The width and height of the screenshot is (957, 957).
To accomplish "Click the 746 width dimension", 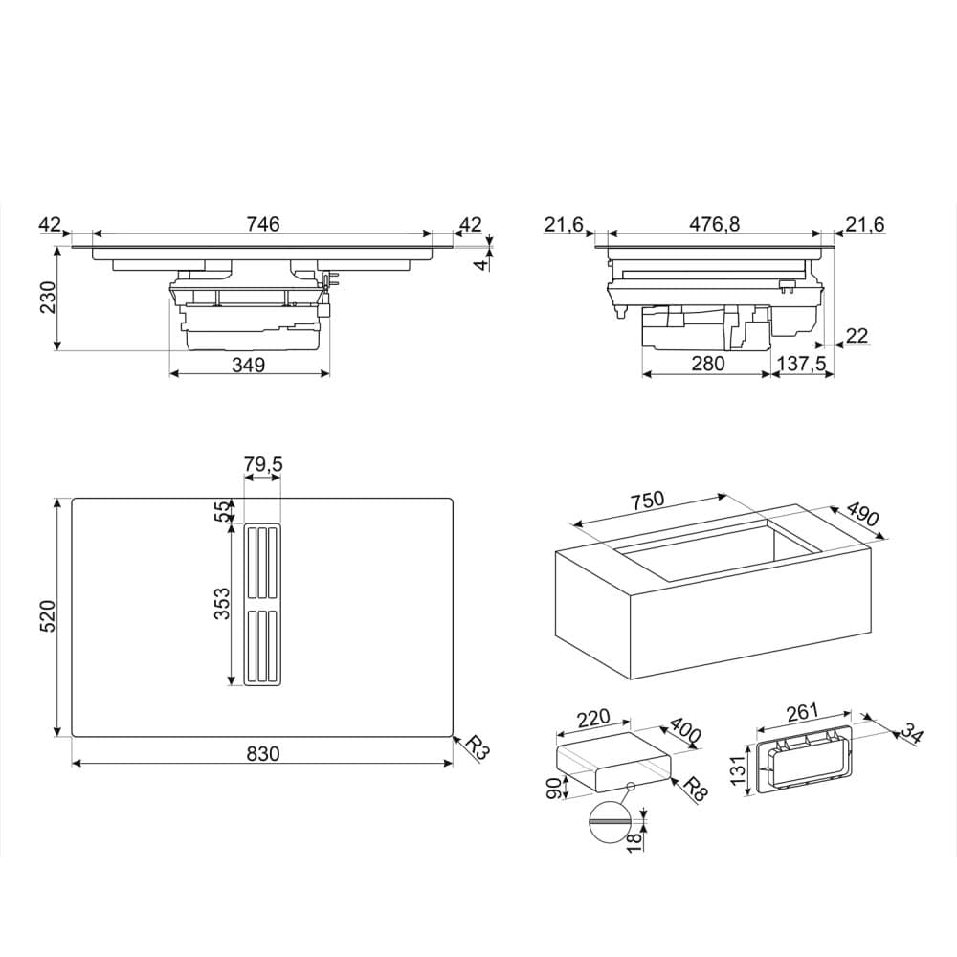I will pos(262,224).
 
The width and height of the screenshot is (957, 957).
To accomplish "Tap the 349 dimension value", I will pos(249,365).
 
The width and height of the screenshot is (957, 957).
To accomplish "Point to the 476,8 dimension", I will pos(716,224).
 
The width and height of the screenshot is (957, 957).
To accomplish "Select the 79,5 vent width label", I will pos(263,465).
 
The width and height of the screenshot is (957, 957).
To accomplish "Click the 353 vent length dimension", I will pos(222,605).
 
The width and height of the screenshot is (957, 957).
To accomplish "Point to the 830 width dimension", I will pos(262,754).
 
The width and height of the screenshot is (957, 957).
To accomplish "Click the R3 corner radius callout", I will pos(476,747).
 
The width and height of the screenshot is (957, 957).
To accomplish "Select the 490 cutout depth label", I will pos(861,517).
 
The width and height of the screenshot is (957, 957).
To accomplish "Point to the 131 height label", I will pos(738,768).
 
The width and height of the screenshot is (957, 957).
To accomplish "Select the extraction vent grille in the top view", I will pos(261,605).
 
